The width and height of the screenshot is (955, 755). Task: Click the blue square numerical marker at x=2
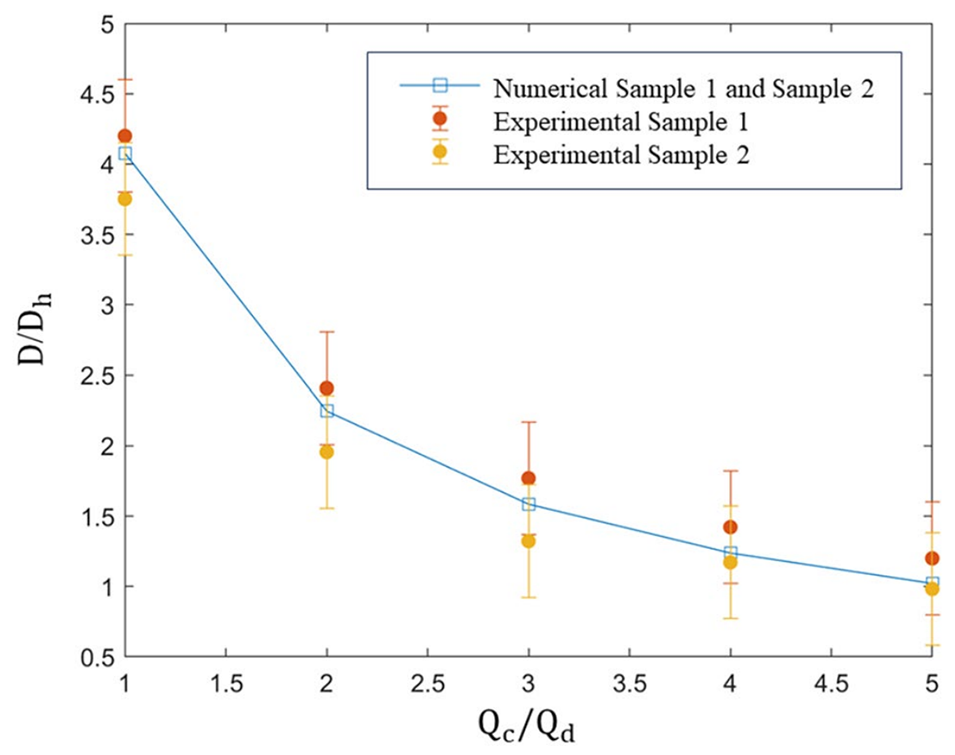point(327,411)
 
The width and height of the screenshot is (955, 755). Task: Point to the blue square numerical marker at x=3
point(529,504)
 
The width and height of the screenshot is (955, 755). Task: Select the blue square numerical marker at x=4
point(730,553)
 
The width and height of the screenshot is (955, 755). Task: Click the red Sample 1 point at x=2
point(327,388)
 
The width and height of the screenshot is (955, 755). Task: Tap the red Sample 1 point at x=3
point(529,478)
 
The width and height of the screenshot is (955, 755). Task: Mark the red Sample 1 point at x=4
point(730,527)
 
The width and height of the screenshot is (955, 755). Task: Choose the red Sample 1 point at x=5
point(932,558)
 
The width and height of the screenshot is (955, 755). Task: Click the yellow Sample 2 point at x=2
point(327,452)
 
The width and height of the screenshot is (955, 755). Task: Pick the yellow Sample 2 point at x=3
point(529,541)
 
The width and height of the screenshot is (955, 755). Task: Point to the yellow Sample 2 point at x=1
point(125,199)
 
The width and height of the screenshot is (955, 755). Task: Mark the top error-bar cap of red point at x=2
point(327,331)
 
